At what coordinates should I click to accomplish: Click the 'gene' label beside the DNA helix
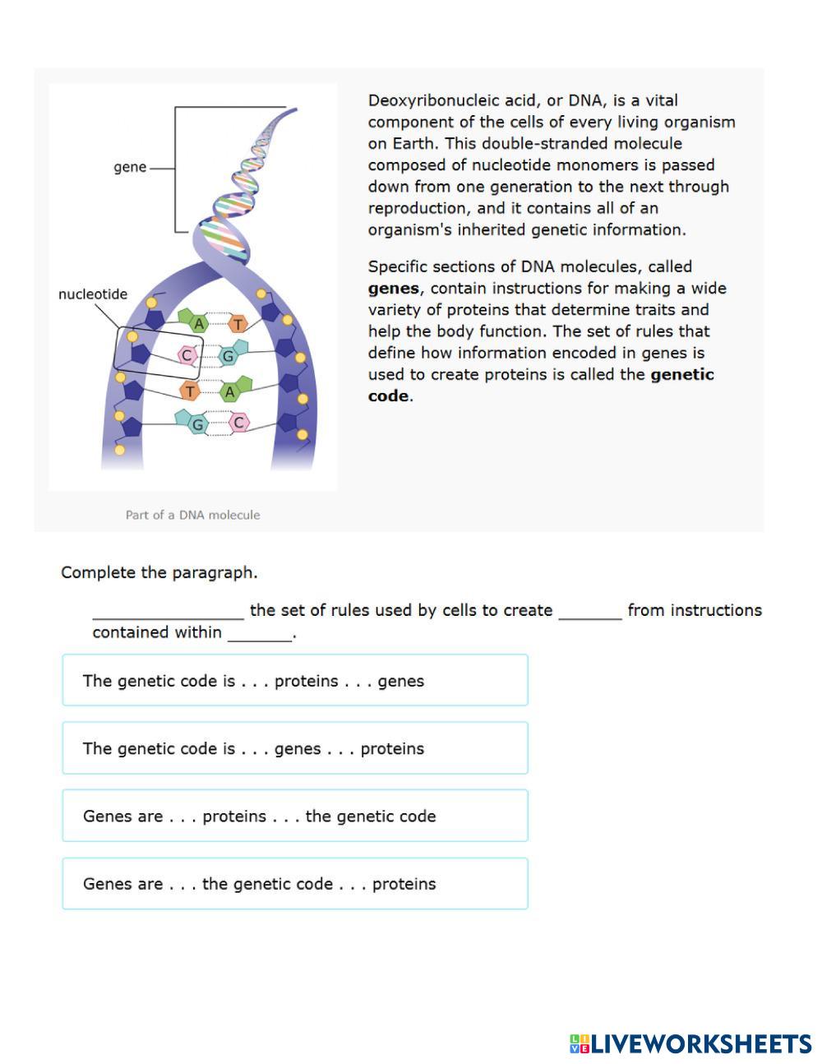(130, 167)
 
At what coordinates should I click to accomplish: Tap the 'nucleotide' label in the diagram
(93, 294)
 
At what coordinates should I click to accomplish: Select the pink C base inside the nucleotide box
(187, 355)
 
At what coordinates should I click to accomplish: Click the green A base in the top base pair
(197, 324)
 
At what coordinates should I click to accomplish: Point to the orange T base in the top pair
(238, 324)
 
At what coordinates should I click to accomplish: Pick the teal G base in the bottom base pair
(197, 424)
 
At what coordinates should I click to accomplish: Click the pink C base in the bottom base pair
(238, 423)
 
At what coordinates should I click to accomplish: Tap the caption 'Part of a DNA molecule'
(192, 515)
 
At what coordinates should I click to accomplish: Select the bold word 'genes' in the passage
(393, 289)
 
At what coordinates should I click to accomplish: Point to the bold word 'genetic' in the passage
(681, 375)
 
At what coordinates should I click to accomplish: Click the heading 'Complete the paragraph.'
(159, 572)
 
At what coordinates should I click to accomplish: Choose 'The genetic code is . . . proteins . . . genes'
(294, 681)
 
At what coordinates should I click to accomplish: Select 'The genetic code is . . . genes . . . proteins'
(294, 748)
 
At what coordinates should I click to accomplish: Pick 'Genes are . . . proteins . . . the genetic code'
(294, 816)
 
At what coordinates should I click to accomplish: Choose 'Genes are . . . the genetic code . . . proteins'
(294, 884)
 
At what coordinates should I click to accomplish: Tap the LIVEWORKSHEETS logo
(690, 1043)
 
